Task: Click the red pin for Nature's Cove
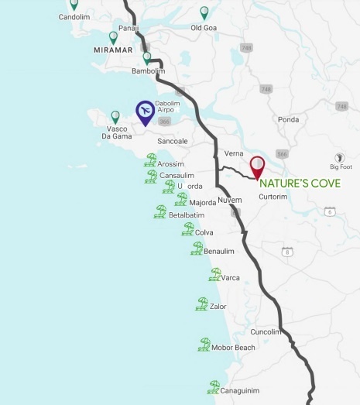pyautogui.click(x=256, y=166)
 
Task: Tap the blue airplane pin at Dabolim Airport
pyautogui.click(x=144, y=112)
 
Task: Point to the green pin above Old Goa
pyautogui.click(x=204, y=12)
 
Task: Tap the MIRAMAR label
pyautogui.click(x=109, y=52)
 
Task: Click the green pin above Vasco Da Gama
pyautogui.click(x=115, y=117)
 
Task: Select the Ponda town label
pyautogui.click(x=289, y=120)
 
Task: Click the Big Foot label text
pyautogui.click(x=340, y=166)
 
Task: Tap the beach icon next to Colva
pyautogui.click(x=187, y=229)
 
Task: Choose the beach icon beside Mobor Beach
pyautogui.click(x=204, y=345)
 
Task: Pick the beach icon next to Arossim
pyautogui.click(x=150, y=160)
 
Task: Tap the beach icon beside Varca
pyautogui.click(x=214, y=274)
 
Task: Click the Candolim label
pyautogui.click(x=74, y=16)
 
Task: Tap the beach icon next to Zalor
pyautogui.click(x=202, y=304)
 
